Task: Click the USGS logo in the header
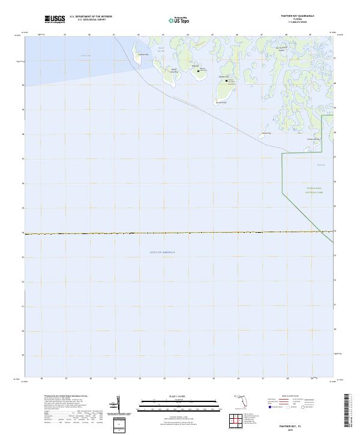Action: pyautogui.click(x=55, y=19)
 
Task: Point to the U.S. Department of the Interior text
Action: pyautogui.click(x=91, y=17)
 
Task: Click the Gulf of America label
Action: pyautogui.click(x=162, y=252)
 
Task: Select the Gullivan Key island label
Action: pyautogui.click(x=142, y=55)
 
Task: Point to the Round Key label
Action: pyautogui.click(x=266, y=133)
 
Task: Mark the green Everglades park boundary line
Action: pyautogui.click(x=283, y=174)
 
